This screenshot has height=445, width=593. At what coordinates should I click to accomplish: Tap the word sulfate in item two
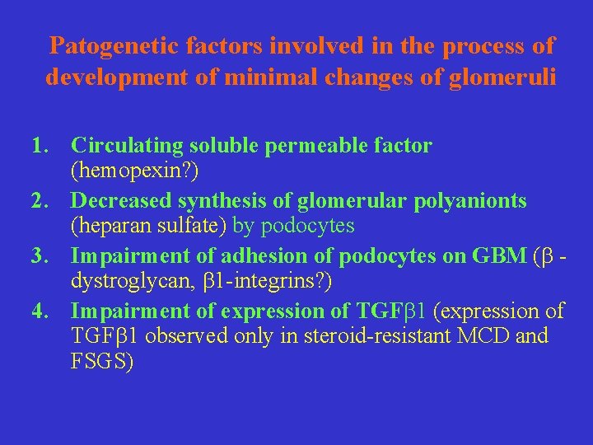(x=191, y=226)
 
